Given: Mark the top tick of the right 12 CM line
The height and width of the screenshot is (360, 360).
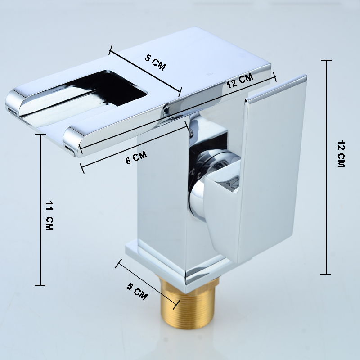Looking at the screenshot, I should pyautogui.click(x=325, y=60).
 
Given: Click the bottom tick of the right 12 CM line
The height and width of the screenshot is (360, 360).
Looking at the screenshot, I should pyautogui.click(x=325, y=274).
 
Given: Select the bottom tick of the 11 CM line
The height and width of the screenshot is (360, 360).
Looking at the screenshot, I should pyautogui.click(x=40, y=285).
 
